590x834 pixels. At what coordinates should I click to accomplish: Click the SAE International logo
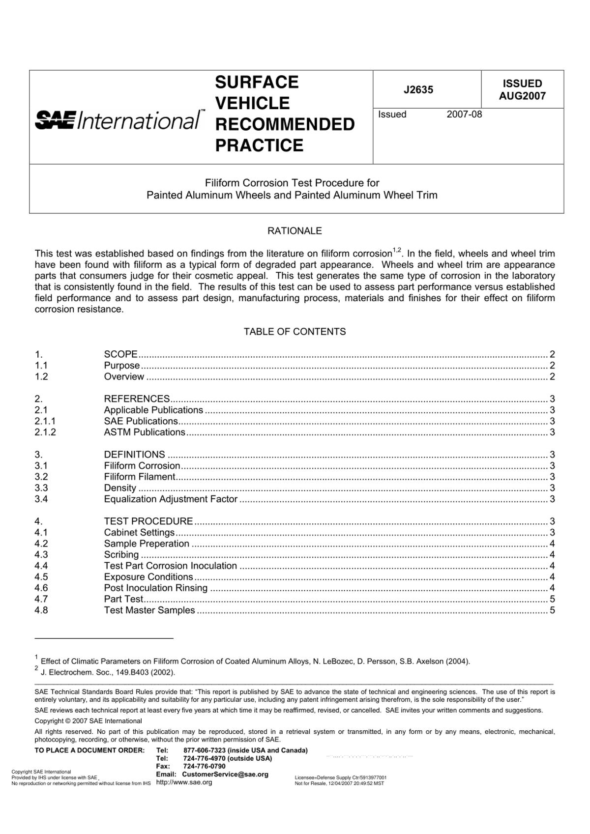click(x=118, y=120)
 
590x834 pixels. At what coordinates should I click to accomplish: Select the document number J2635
click(x=418, y=89)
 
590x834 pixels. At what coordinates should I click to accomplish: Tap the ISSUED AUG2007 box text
click(x=522, y=89)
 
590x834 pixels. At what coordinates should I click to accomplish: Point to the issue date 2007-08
click(x=464, y=115)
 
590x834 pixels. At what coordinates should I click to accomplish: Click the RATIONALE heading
click(x=295, y=230)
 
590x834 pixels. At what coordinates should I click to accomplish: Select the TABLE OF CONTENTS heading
click(x=295, y=332)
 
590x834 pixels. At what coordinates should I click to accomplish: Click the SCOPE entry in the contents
click(x=120, y=354)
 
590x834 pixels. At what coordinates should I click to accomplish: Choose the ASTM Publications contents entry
click(x=145, y=432)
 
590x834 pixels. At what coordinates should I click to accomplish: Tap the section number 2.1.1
click(x=45, y=421)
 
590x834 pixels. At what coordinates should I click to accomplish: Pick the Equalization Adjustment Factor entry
click(x=171, y=499)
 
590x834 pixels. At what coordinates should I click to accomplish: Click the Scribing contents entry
click(x=121, y=555)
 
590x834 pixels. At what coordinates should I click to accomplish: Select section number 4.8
click(x=41, y=610)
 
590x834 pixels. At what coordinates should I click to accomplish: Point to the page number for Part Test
click(x=552, y=599)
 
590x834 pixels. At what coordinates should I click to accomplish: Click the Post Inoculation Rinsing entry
click(x=155, y=588)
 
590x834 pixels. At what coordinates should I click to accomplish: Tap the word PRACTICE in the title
click(x=259, y=145)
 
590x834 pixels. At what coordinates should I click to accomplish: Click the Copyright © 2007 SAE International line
click(x=88, y=721)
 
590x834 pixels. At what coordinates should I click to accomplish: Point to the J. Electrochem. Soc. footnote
click(x=108, y=672)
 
